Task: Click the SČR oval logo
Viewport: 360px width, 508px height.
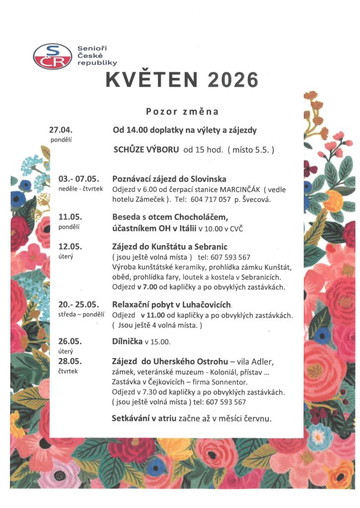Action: [52, 56]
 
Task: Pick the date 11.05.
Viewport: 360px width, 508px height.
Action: [70, 217]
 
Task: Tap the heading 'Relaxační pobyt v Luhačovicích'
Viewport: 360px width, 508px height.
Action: [172, 304]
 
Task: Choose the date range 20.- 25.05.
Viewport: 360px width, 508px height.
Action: [79, 304]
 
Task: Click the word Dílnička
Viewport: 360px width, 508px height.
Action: [127, 341]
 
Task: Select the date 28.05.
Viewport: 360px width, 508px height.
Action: [70, 360]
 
